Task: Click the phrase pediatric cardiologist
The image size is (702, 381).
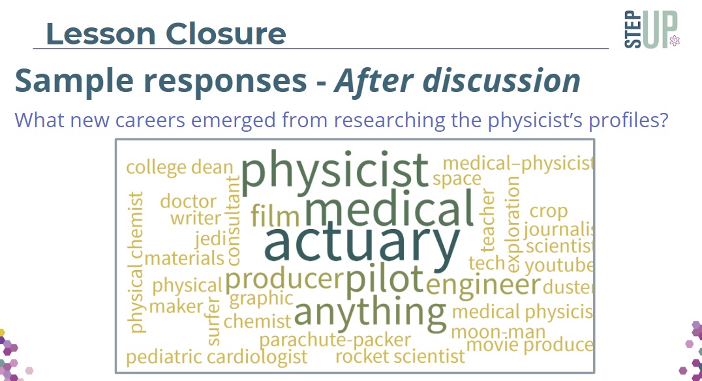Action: point(217,358)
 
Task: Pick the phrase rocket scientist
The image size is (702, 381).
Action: point(400,356)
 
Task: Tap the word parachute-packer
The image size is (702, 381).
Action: point(335,341)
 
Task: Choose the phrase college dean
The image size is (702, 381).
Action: point(179,168)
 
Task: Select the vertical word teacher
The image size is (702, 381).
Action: point(488,221)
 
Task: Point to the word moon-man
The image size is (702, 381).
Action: point(498,332)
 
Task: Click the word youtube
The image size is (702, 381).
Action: point(559,266)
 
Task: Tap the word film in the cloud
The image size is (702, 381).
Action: point(275,215)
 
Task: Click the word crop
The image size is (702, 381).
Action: point(549,211)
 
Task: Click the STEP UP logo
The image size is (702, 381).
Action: point(652,29)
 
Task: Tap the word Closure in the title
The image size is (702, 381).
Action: point(226,33)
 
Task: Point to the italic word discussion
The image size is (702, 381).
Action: point(502,81)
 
